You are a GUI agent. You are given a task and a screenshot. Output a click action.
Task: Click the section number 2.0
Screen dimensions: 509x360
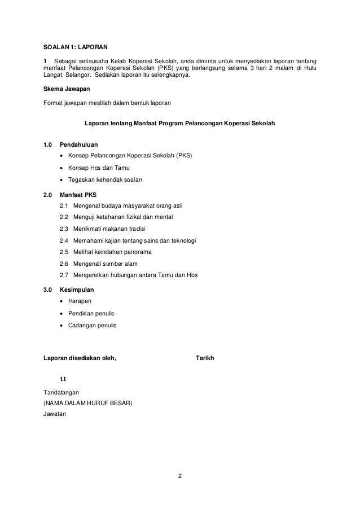click(48, 194)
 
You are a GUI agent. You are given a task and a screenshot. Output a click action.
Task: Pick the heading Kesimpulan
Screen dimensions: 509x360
click(77, 289)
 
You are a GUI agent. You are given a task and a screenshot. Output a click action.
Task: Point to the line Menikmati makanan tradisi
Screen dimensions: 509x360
click(109, 229)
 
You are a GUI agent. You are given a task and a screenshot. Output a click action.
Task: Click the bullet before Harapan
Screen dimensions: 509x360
click(61, 301)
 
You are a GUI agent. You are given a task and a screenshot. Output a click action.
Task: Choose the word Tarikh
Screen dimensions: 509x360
click(204, 358)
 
